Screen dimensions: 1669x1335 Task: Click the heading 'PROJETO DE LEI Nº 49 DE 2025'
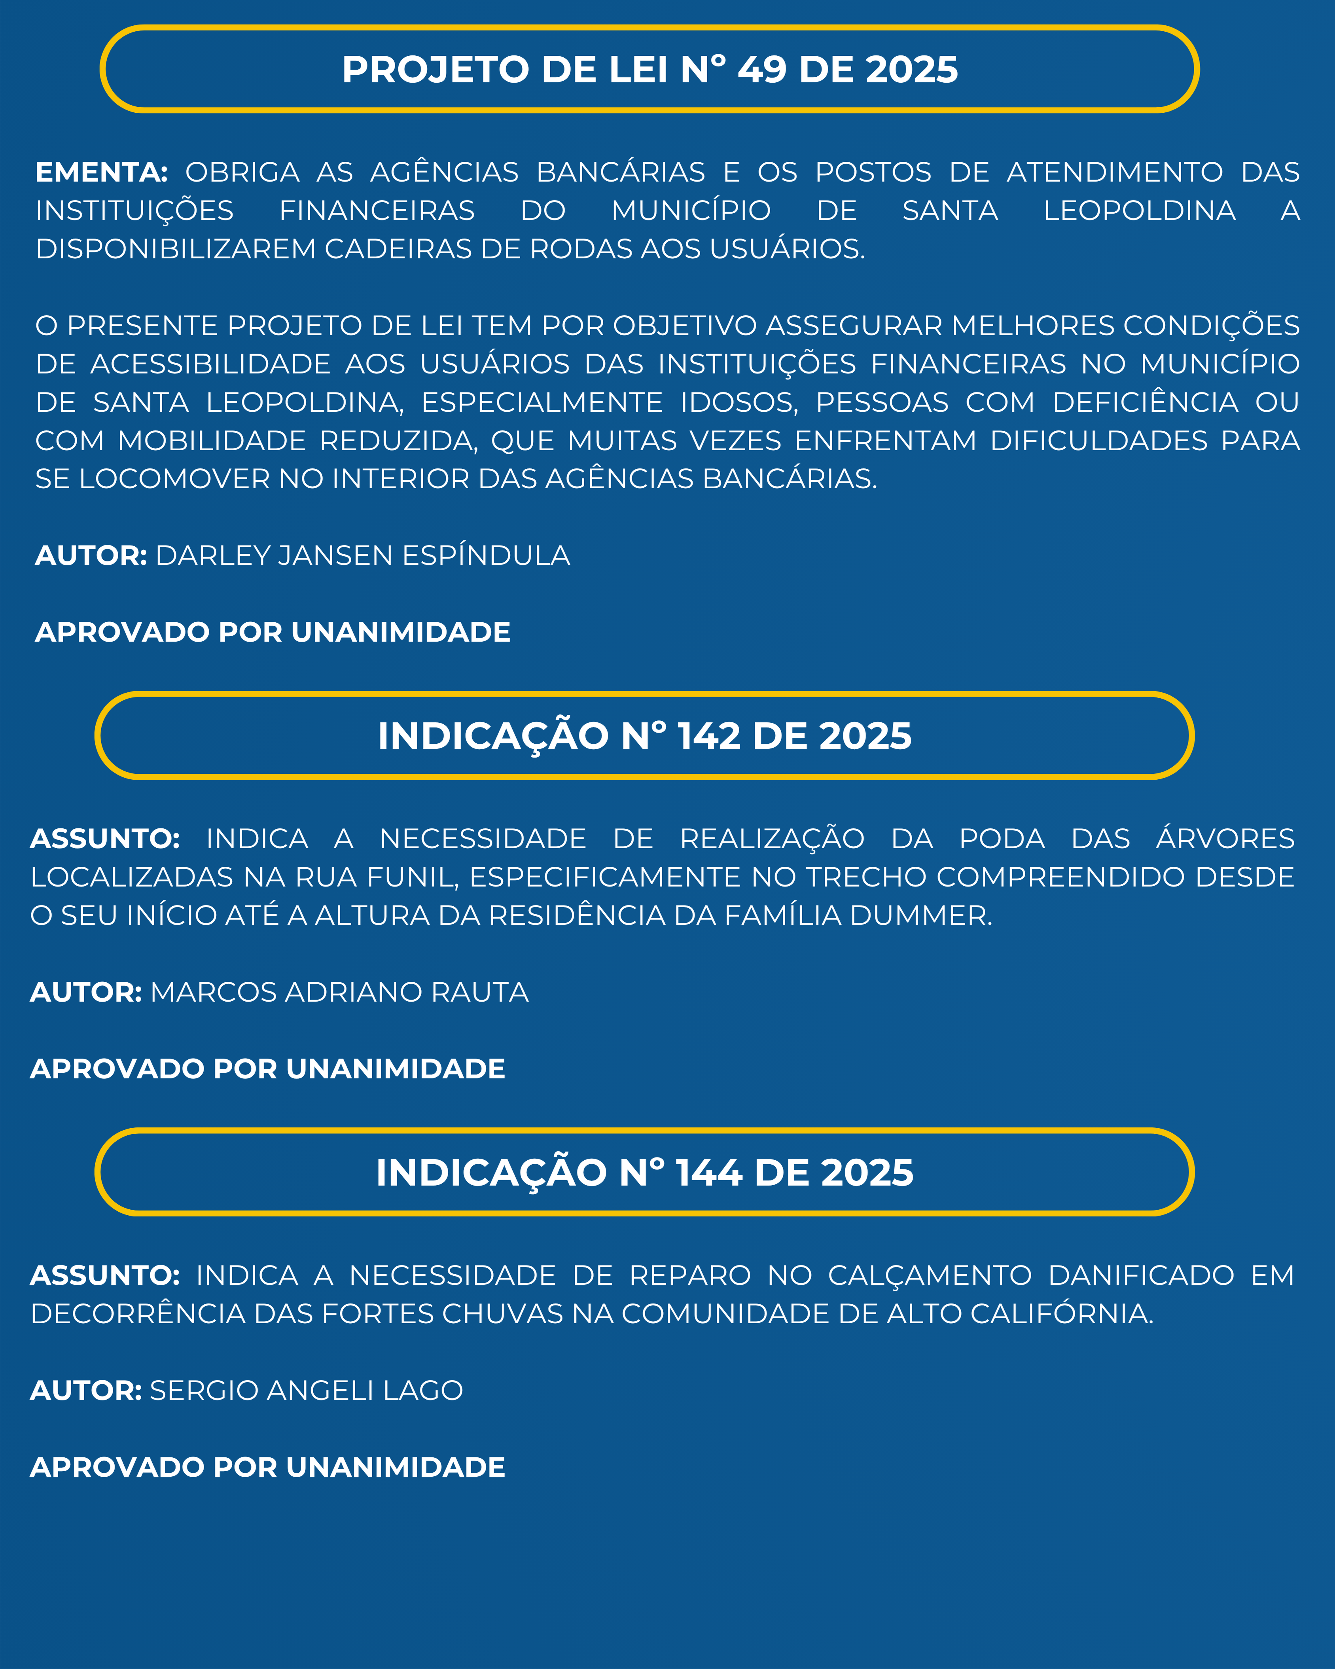(650, 70)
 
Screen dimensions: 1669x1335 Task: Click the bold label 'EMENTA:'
(101, 172)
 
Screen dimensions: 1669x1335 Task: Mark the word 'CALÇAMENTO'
(930, 1275)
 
